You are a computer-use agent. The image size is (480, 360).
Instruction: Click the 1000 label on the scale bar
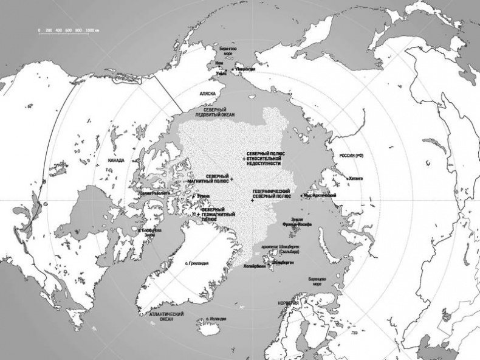92,30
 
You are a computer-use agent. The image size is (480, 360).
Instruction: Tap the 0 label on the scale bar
38,30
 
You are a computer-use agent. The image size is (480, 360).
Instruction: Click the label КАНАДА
116,161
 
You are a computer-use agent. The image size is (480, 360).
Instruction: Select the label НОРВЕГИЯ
287,302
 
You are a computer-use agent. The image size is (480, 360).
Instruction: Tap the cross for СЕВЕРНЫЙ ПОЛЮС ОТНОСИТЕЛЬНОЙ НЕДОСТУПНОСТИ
244,158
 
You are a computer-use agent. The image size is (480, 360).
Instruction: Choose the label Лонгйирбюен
254,266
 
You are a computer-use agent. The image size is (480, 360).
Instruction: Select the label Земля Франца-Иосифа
297,222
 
